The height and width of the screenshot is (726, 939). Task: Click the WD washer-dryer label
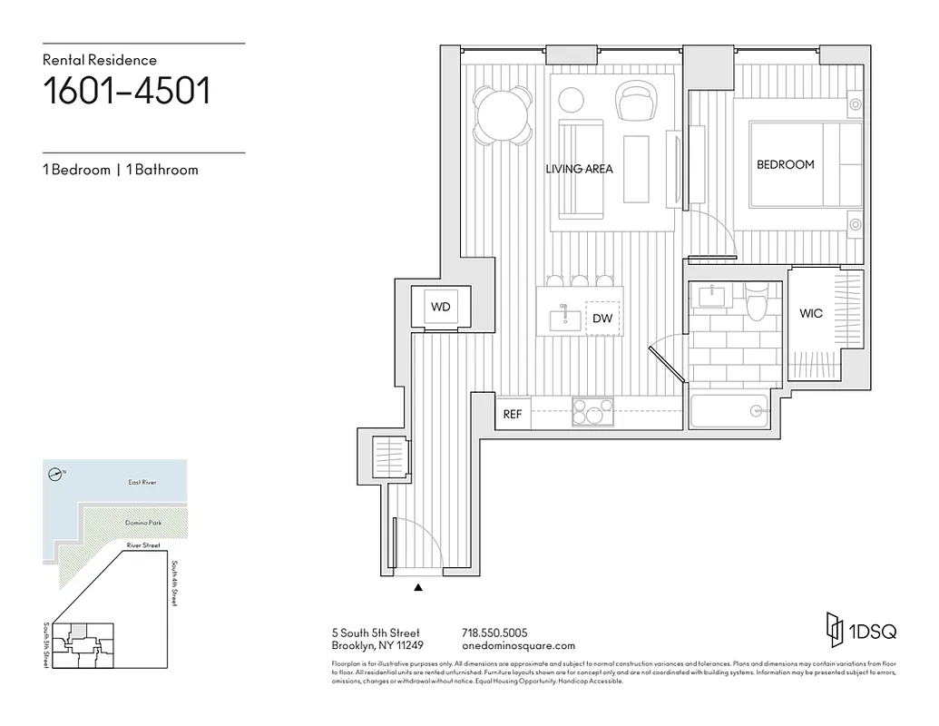pyautogui.click(x=440, y=307)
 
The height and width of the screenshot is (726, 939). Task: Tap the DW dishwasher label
pyautogui.click(x=602, y=319)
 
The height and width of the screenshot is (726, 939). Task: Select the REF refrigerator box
pyautogui.click(x=513, y=414)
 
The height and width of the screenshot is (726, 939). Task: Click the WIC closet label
pyautogui.click(x=811, y=313)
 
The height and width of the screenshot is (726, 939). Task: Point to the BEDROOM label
pyautogui.click(x=785, y=164)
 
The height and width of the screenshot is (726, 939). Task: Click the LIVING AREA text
pyautogui.click(x=579, y=169)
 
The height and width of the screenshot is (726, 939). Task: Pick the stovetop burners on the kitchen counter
pyautogui.click(x=592, y=413)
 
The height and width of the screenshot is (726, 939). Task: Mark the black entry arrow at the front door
pyautogui.click(x=418, y=588)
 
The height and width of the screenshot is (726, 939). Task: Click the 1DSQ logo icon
pyautogui.click(x=834, y=627)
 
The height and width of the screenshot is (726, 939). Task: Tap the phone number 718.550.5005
pyautogui.click(x=494, y=633)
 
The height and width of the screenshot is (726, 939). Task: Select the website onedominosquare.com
pyautogui.click(x=518, y=645)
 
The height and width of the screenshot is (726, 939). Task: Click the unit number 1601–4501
pyautogui.click(x=127, y=92)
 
